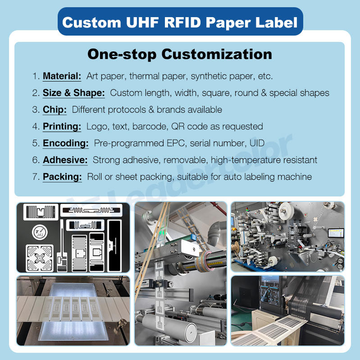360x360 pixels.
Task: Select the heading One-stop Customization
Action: coord(180,54)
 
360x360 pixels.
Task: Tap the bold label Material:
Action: coord(62,76)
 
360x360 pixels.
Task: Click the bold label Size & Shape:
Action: coord(74,93)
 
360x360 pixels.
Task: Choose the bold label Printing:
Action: coord(62,127)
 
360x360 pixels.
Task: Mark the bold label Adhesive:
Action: coord(65,160)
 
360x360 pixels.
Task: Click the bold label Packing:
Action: coord(62,177)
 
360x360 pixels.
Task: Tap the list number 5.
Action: coord(36,143)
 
